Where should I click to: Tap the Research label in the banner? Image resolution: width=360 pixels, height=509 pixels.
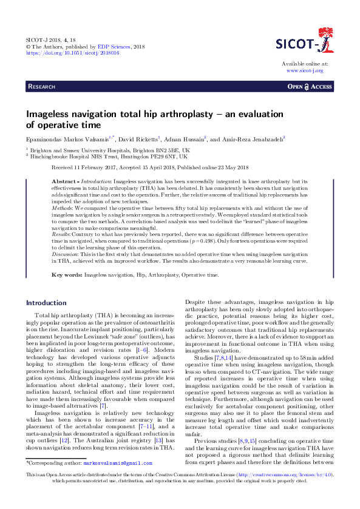tap(44, 87)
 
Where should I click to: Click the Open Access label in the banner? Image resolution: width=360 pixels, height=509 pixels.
tap(310, 87)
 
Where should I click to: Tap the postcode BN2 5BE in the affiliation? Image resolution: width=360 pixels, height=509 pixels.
tap(155, 149)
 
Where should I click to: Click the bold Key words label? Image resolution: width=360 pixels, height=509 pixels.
tap(67, 275)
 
